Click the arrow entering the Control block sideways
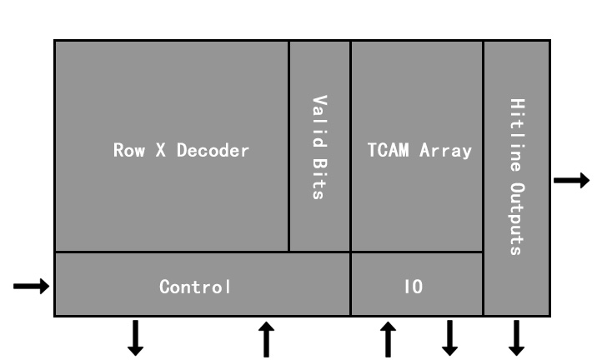point(31,287)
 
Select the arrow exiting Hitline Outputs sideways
point(572,179)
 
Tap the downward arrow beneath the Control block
point(135,338)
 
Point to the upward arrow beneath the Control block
point(266,338)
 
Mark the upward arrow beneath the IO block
point(388,338)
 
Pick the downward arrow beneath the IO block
point(449,338)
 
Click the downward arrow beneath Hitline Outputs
point(516,338)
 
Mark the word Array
point(446,151)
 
